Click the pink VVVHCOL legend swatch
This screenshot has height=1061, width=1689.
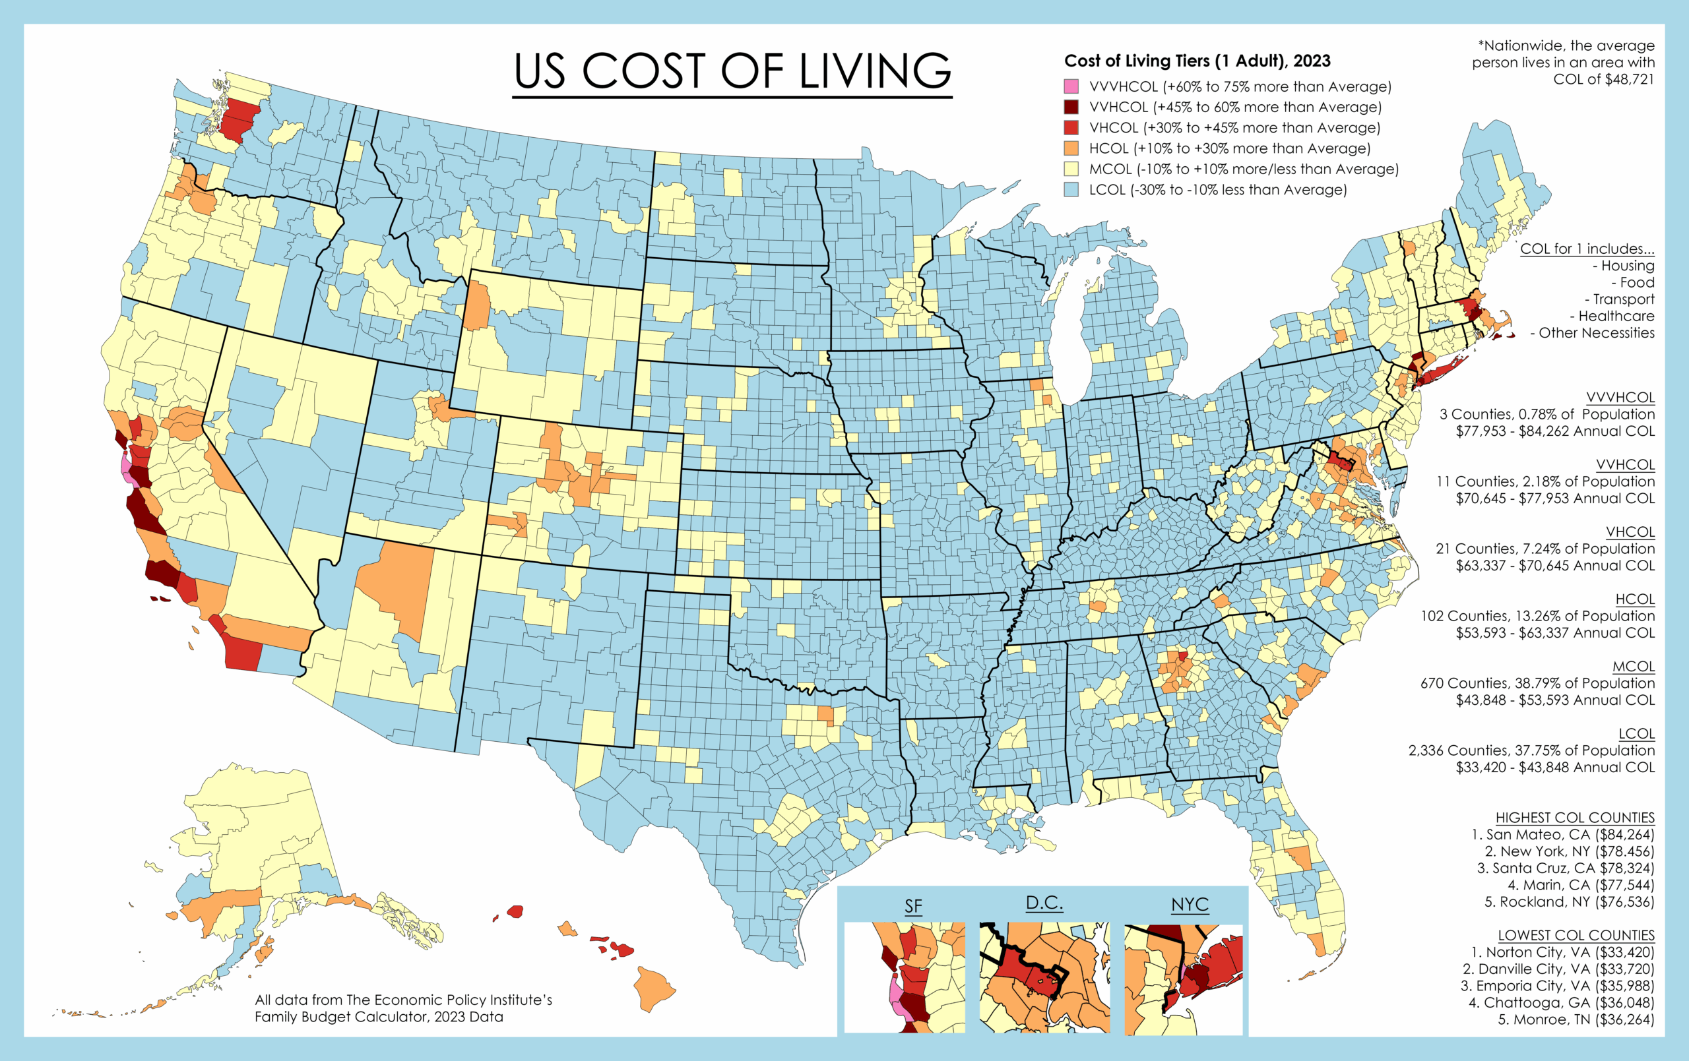pos(1071,86)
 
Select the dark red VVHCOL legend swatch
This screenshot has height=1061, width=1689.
pos(1071,107)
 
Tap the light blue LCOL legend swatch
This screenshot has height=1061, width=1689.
pos(1071,189)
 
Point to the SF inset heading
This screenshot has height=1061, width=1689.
pos(912,906)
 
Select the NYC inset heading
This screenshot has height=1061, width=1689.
pos(1190,905)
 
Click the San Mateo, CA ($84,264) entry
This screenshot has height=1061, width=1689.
pos(1563,835)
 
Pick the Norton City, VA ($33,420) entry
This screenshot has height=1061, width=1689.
pos(1563,952)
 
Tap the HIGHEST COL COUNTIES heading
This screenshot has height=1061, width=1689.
pos(1575,818)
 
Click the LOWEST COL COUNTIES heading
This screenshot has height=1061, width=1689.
pos(1576,936)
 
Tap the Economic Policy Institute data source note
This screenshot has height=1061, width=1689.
pos(403,1008)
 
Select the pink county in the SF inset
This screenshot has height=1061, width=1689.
pos(896,997)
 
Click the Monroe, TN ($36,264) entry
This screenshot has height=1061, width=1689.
pos(1576,1019)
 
